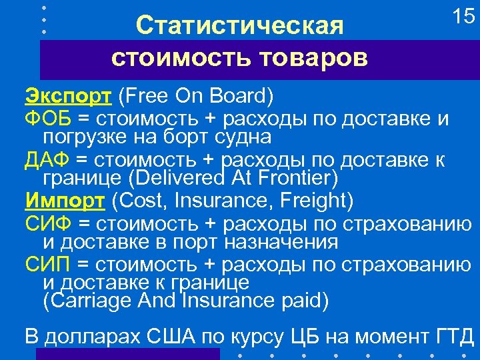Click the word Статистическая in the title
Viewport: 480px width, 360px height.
coord(239,26)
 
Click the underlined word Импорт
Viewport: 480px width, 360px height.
coord(65,200)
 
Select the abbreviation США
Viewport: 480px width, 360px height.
coord(179,335)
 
